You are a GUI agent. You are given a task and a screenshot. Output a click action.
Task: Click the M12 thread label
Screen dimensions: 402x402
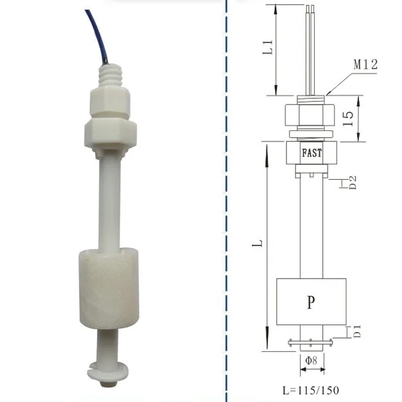pyautogui.click(x=365, y=64)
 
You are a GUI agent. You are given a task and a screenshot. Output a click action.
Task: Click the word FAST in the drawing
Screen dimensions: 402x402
pyautogui.click(x=311, y=153)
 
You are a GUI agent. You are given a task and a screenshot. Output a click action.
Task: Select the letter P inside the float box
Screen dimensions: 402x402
pyautogui.click(x=311, y=302)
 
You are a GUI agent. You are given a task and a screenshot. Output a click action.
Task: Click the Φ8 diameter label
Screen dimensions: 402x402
pyautogui.click(x=311, y=361)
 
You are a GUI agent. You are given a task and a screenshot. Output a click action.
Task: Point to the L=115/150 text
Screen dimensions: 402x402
pyautogui.click(x=311, y=390)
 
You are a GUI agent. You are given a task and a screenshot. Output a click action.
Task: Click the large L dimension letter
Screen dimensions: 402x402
pyautogui.click(x=256, y=245)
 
